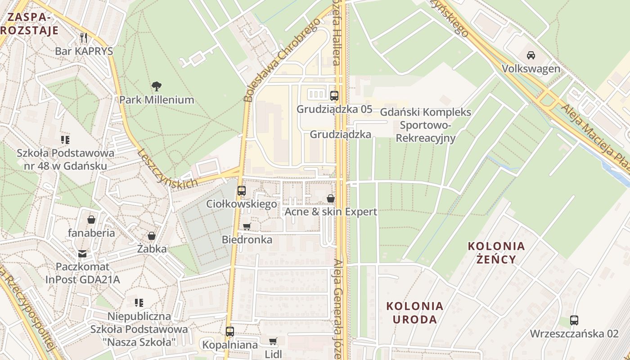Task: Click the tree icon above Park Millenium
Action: click(x=157, y=86)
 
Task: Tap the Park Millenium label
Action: click(x=157, y=100)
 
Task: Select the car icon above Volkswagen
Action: click(x=531, y=55)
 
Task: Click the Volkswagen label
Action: click(x=531, y=69)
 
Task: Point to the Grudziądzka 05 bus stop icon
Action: click(x=334, y=95)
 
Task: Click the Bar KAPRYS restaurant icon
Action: click(x=84, y=37)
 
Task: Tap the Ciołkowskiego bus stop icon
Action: click(x=242, y=190)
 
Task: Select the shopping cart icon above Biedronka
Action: click(x=247, y=226)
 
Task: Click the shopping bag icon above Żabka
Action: click(x=152, y=236)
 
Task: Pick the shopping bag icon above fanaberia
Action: click(x=91, y=220)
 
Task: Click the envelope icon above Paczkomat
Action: click(x=82, y=254)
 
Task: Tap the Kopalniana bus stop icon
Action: click(x=230, y=332)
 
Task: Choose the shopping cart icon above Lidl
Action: click(x=273, y=341)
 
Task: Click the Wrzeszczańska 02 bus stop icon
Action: click(x=574, y=320)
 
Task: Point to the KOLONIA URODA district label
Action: click(x=415, y=313)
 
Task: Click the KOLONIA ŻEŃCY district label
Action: click(x=496, y=252)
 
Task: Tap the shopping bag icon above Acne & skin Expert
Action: click(x=331, y=198)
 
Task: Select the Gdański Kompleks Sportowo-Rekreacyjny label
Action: click(x=426, y=125)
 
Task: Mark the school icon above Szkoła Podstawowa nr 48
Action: click(x=65, y=140)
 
